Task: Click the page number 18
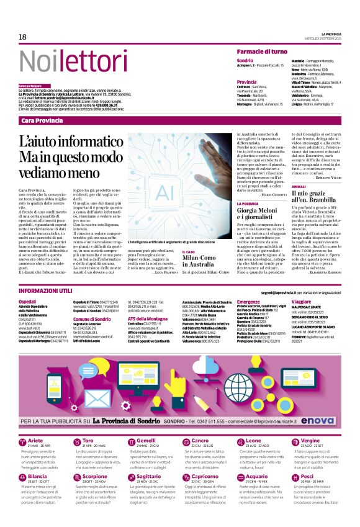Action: (x=22, y=37)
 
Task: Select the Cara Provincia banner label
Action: (x=42, y=120)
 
